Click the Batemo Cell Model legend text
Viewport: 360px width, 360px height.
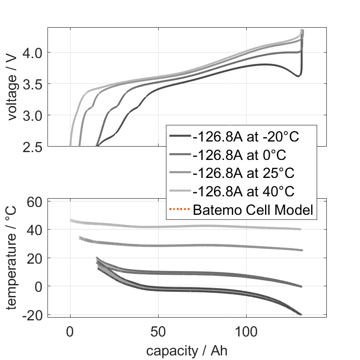(253, 210)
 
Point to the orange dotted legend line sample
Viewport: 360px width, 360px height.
(180, 210)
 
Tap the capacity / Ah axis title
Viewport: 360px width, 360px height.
(187, 350)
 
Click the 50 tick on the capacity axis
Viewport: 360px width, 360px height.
(158, 331)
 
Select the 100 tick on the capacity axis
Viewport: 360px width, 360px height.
(246, 331)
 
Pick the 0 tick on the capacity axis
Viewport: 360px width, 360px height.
(70, 331)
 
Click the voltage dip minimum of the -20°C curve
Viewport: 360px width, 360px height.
(298, 76)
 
